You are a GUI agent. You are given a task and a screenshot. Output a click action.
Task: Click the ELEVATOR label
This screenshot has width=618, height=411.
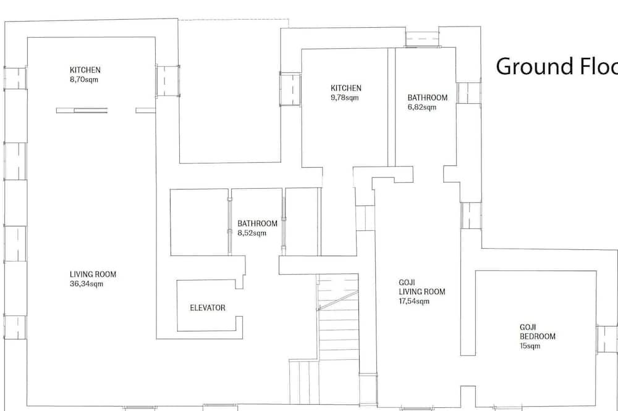tap(208, 308)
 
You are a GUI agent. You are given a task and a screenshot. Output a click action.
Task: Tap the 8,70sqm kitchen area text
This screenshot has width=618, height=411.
tap(84, 80)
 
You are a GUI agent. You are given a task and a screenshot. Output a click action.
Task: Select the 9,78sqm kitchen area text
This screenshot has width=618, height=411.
tap(345, 98)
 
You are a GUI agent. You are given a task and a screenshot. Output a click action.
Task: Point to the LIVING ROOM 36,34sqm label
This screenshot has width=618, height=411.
tap(93, 279)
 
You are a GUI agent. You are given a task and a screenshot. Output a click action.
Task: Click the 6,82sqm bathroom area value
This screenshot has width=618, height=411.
tap(422, 107)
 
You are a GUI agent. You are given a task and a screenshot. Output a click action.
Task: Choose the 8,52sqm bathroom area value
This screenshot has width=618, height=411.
tap(252, 233)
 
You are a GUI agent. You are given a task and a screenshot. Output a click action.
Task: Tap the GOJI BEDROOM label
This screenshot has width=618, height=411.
tap(538, 332)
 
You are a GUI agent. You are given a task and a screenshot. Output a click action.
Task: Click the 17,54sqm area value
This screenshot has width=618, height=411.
tap(414, 301)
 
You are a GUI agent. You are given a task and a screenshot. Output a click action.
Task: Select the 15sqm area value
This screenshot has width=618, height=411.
tap(530, 346)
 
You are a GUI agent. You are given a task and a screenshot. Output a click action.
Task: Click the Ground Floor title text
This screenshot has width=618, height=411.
tap(557, 66)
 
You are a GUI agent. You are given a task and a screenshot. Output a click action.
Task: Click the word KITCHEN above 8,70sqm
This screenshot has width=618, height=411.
tap(85, 70)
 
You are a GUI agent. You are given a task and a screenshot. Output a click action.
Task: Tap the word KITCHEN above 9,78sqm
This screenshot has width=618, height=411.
tap(346, 88)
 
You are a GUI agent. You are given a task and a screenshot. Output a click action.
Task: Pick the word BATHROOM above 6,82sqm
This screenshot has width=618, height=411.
tap(428, 98)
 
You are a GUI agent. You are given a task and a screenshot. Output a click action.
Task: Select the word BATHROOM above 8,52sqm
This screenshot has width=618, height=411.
tap(257, 223)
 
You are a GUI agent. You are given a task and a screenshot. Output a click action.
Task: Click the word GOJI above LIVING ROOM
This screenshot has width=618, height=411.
tap(407, 282)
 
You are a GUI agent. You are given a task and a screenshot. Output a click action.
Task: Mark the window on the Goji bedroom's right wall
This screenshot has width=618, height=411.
tap(607, 339)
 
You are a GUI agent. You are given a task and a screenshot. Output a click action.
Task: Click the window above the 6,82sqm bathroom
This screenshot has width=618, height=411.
tap(422, 39)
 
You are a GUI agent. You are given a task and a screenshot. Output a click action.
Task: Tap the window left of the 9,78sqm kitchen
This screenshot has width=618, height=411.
tap(291, 89)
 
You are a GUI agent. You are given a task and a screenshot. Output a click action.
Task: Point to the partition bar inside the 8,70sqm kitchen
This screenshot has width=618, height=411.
tap(82, 110)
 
